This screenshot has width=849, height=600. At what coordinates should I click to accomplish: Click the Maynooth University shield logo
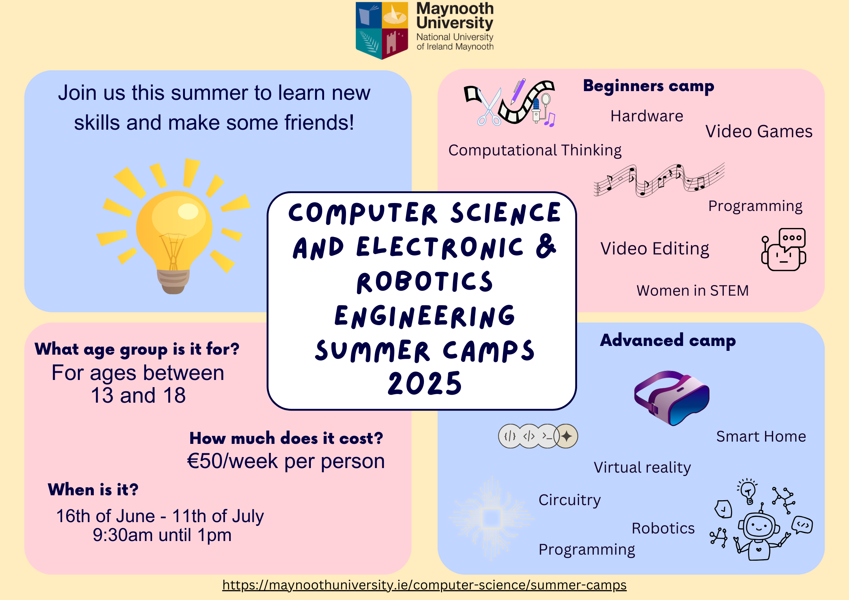(x=382, y=30)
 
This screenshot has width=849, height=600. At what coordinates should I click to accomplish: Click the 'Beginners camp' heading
(x=649, y=86)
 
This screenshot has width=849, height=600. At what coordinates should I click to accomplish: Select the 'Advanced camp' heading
(x=668, y=340)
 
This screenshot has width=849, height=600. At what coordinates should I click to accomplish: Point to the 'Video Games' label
(x=759, y=132)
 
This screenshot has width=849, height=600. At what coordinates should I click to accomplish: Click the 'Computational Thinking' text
(x=535, y=150)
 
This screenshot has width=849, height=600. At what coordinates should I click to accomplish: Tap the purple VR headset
(x=672, y=398)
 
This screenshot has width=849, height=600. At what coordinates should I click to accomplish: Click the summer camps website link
(x=424, y=585)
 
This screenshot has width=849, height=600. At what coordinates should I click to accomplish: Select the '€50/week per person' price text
(x=286, y=461)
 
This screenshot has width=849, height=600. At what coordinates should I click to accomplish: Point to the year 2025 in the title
(x=425, y=383)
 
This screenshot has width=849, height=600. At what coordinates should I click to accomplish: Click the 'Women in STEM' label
(x=692, y=290)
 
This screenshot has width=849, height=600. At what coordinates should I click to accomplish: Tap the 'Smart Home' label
(x=761, y=436)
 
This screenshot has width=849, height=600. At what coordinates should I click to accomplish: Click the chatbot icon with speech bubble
(x=784, y=250)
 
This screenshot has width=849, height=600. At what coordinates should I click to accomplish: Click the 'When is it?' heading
(x=93, y=490)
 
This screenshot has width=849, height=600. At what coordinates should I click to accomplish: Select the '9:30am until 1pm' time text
(x=162, y=535)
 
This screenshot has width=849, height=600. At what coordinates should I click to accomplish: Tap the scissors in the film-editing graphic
(x=488, y=107)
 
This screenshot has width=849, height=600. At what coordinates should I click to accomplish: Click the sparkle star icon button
(x=566, y=436)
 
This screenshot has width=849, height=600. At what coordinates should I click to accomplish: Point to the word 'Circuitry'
(x=570, y=500)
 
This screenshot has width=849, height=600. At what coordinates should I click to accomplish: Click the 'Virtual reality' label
(x=642, y=468)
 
